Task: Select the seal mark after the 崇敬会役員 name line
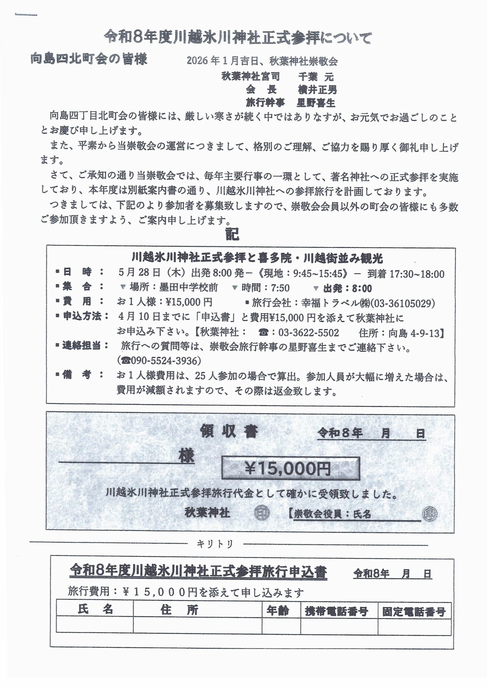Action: coord(430,514)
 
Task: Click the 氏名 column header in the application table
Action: coord(95,610)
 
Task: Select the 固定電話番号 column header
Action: coord(414,611)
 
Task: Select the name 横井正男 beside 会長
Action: coord(317,90)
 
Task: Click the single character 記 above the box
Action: coord(232,234)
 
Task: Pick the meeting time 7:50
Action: coord(280,288)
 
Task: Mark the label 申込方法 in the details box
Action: coord(82,316)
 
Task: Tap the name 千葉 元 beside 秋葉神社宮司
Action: coord(316,77)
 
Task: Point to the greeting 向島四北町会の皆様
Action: coord(89,59)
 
